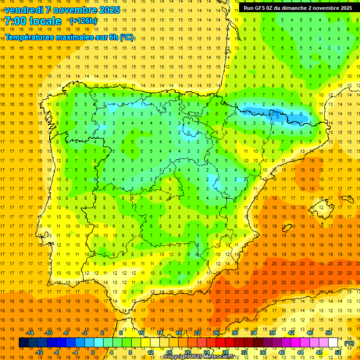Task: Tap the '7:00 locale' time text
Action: (33, 21)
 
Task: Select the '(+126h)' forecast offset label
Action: (83, 21)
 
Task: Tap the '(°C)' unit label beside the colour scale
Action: (349, 343)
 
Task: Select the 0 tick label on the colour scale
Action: (93, 352)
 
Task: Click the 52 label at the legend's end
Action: (338, 352)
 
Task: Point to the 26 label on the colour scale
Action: (216, 333)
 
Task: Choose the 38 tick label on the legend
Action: (272, 333)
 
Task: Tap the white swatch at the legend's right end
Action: (333, 343)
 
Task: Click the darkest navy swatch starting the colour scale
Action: (23, 343)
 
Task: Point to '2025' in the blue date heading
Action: (108, 10)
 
